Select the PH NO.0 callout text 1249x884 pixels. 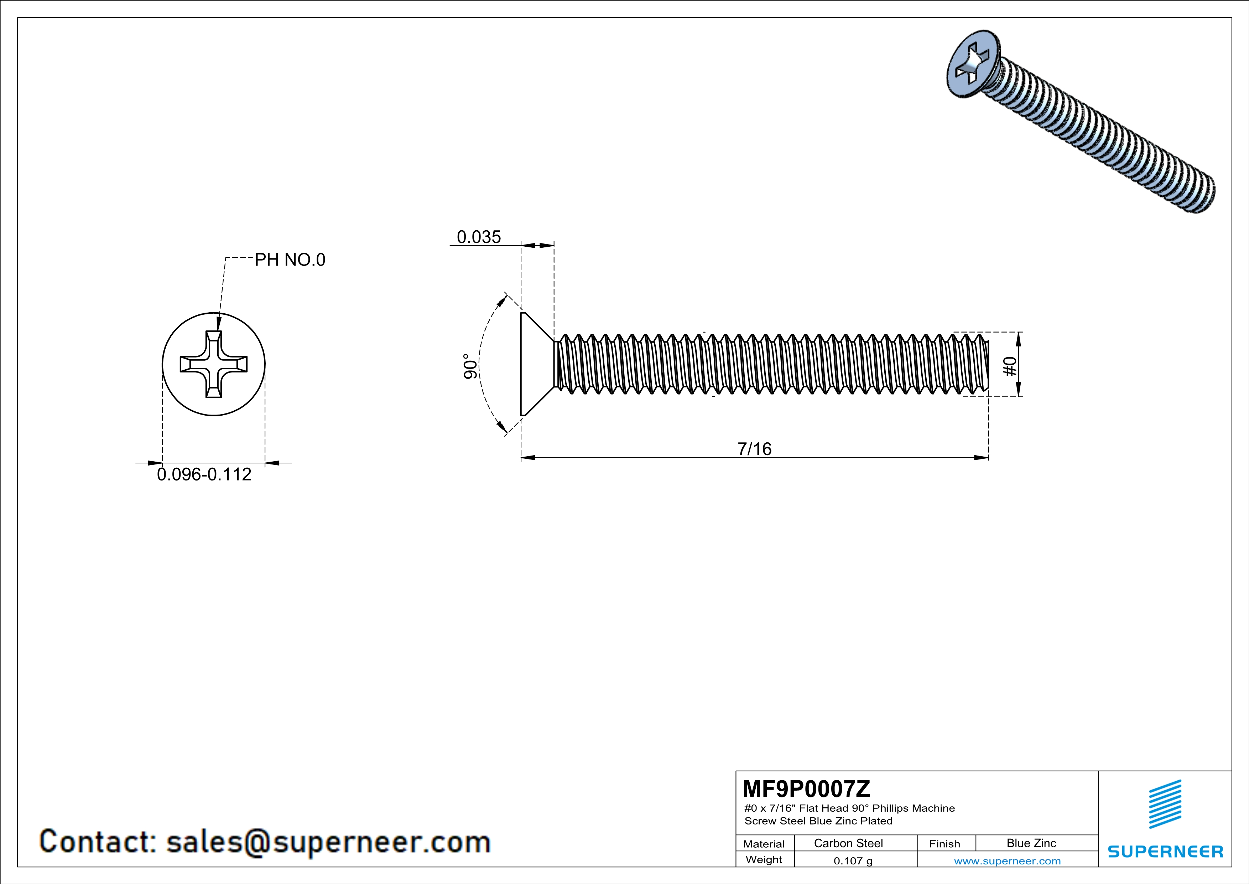pyautogui.click(x=290, y=260)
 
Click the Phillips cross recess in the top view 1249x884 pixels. pyautogui.click(x=214, y=364)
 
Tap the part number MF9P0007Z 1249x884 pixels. pyautogui.click(x=806, y=788)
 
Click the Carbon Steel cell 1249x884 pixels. pyautogui.click(x=848, y=843)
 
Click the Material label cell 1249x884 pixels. pyautogui.click(x=764, y=844)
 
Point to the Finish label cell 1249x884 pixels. pyautogui.click(x=944, y=844)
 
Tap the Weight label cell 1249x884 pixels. pyautogui.click(x=764, y=859)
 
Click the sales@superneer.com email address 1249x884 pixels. pyautogui.click(x=328, y=842)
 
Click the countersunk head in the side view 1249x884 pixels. pyautogui.click(x=536, y=364)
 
